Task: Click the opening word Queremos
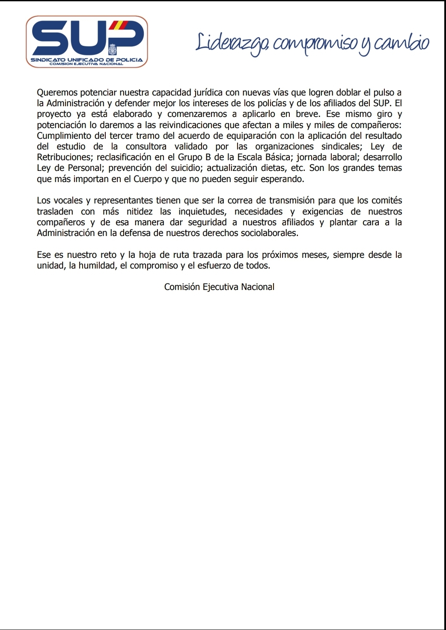coord(57,93)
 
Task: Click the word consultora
coord(146,146)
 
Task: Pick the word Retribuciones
coord(64,157)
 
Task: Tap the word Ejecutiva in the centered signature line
coord(220,287)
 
